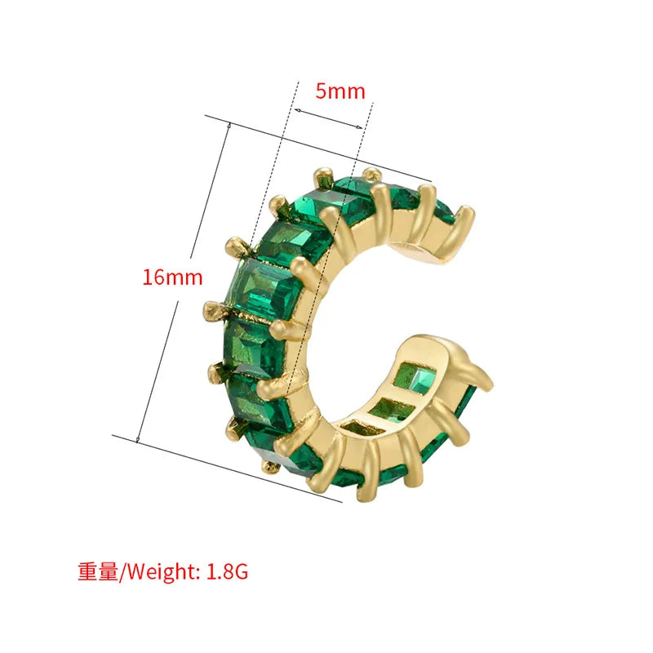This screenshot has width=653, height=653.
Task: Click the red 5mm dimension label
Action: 340,91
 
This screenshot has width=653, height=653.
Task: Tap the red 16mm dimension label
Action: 172,278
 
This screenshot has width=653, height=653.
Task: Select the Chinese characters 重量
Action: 98,571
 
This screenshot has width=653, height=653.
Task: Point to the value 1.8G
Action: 228,571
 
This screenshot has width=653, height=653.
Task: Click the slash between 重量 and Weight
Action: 122,572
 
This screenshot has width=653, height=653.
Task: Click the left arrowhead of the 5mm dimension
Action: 298,111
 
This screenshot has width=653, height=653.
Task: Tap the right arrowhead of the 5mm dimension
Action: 358,127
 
